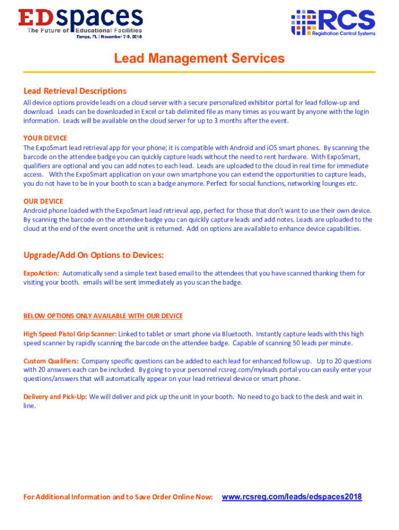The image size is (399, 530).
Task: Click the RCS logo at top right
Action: [x=333, y=22]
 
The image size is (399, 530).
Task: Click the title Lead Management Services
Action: [x=199, y=58]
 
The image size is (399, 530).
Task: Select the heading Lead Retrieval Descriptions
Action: [x=75, y=91]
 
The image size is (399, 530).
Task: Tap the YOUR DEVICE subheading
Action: [x=45, y=138]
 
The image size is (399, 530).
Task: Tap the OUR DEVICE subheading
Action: [x=44, y=201]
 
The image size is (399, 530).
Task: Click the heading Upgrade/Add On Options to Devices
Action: [x=93, y=255]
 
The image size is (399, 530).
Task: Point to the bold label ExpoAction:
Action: [x=41, y=273]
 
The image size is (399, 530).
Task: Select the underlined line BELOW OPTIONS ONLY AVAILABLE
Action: [x=103, y=316]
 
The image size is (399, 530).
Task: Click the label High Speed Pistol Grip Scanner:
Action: [x=70, y=334]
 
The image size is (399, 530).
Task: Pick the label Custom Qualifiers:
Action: [x=51, y=361]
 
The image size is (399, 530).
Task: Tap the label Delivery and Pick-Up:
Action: [x=55, y=397]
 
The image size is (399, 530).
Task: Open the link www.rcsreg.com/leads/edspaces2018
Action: [x=292, y=497]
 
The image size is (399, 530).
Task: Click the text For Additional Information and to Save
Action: [x=118, y=497]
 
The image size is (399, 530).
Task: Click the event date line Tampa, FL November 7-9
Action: [x=109, y=37]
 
